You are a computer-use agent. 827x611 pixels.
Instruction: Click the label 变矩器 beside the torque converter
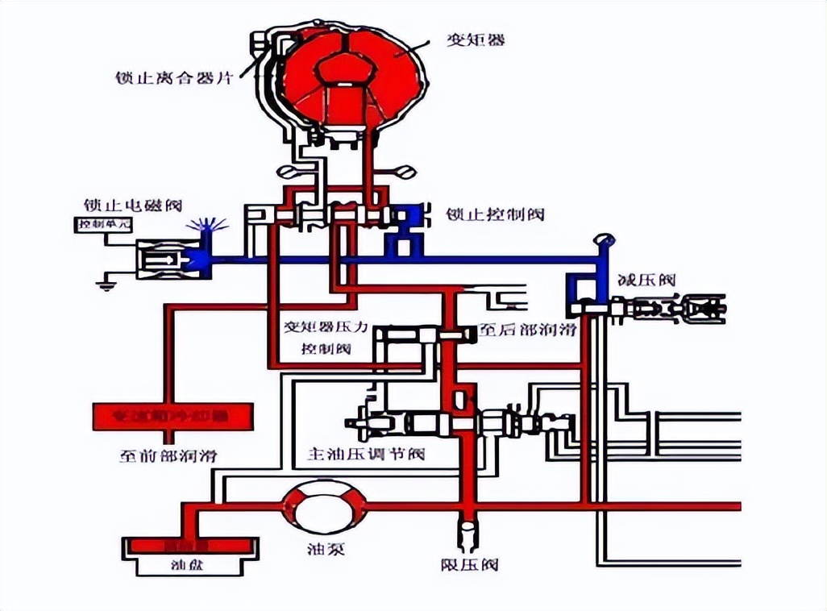click(x=476, y=38)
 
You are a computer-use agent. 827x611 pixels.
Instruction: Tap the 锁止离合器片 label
click(x=173, y=79)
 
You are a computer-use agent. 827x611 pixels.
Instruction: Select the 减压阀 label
click(x=646, y=281)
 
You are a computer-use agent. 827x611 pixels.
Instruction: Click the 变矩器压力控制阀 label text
click(x=326, y=339)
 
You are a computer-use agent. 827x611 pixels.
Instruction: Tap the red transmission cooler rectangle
click(x=173, y=418)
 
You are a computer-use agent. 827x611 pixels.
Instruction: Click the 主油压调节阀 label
click(x=365, y=454)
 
